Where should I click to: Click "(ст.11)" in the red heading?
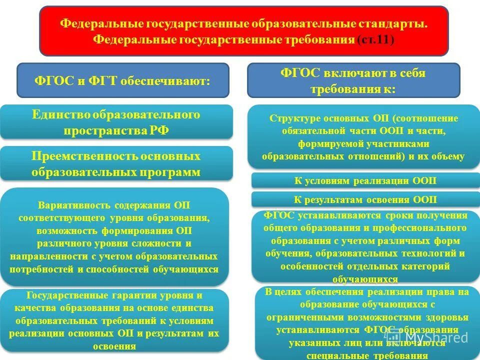375,40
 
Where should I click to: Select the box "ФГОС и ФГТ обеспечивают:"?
122,80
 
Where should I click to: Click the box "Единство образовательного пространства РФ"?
116,122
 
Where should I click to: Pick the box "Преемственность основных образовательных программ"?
116,164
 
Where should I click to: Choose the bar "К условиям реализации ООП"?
365,181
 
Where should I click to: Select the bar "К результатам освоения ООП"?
365,199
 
